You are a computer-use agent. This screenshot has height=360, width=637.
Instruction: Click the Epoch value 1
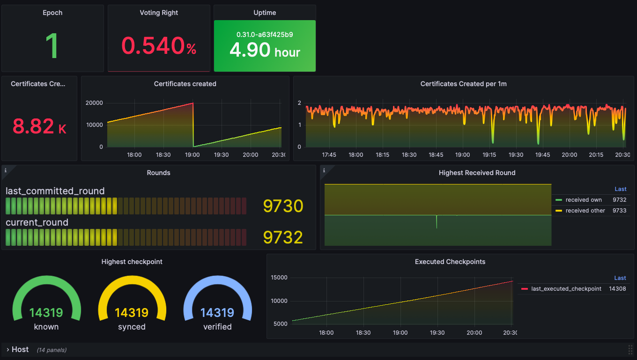52,46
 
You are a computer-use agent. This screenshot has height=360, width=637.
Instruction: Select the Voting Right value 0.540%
159,46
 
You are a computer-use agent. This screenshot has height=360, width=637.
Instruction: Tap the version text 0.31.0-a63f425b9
265,34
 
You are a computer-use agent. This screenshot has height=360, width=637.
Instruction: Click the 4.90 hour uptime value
265,51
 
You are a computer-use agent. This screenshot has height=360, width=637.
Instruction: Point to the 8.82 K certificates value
39,126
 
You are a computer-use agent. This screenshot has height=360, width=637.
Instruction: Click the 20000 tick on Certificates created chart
95,103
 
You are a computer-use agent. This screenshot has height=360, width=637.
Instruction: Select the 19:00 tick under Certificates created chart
193,154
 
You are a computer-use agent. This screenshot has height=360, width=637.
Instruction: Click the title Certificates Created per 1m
463,84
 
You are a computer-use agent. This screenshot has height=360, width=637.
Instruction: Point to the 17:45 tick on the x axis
329,154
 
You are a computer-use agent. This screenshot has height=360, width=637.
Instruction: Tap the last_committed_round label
55,191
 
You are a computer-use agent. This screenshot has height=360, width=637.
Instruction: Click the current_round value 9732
283,237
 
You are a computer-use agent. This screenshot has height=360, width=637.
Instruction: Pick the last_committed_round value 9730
283,206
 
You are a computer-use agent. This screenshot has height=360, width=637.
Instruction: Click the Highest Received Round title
477,173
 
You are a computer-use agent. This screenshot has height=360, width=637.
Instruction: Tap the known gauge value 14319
46,312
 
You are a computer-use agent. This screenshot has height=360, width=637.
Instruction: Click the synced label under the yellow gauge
132,327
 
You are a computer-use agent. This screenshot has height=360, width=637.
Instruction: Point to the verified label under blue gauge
217,327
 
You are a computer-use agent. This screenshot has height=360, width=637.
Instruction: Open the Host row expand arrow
7,350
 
